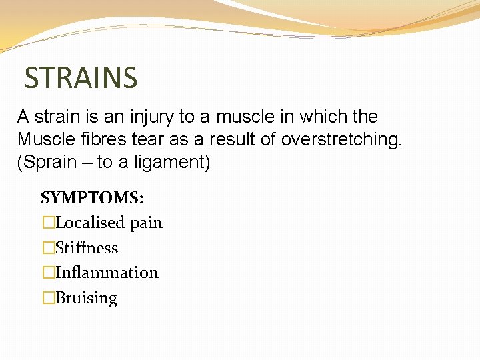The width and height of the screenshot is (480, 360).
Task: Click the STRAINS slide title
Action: point(81,77)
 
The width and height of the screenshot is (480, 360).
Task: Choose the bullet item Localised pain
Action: point(109,223)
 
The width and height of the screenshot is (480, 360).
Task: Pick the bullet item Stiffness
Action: point(87,248)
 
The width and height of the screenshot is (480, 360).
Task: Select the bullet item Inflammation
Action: point(107,273)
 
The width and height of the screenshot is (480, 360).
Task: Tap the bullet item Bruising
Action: point(87,298)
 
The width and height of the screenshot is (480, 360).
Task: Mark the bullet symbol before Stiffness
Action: point(48,248)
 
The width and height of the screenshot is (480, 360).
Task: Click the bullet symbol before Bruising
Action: point(48,298)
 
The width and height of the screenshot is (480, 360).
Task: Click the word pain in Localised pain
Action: point(146,223)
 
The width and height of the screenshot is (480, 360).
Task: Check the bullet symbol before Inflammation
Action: point(48,273)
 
